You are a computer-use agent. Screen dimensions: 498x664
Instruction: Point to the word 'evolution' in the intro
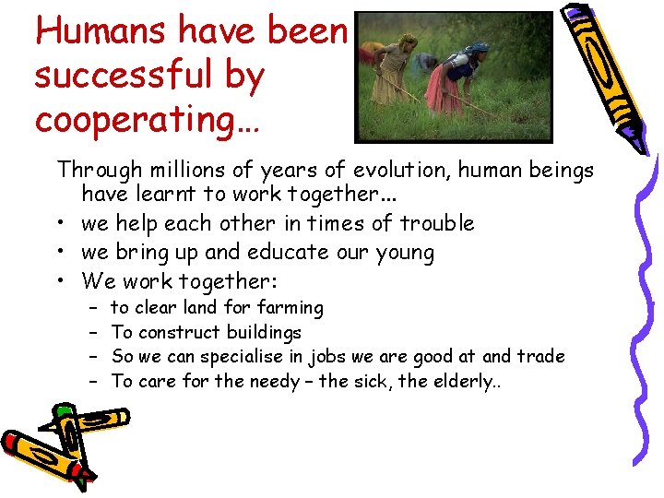coord(385,170)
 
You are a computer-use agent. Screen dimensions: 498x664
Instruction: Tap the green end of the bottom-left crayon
coord(63,411)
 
